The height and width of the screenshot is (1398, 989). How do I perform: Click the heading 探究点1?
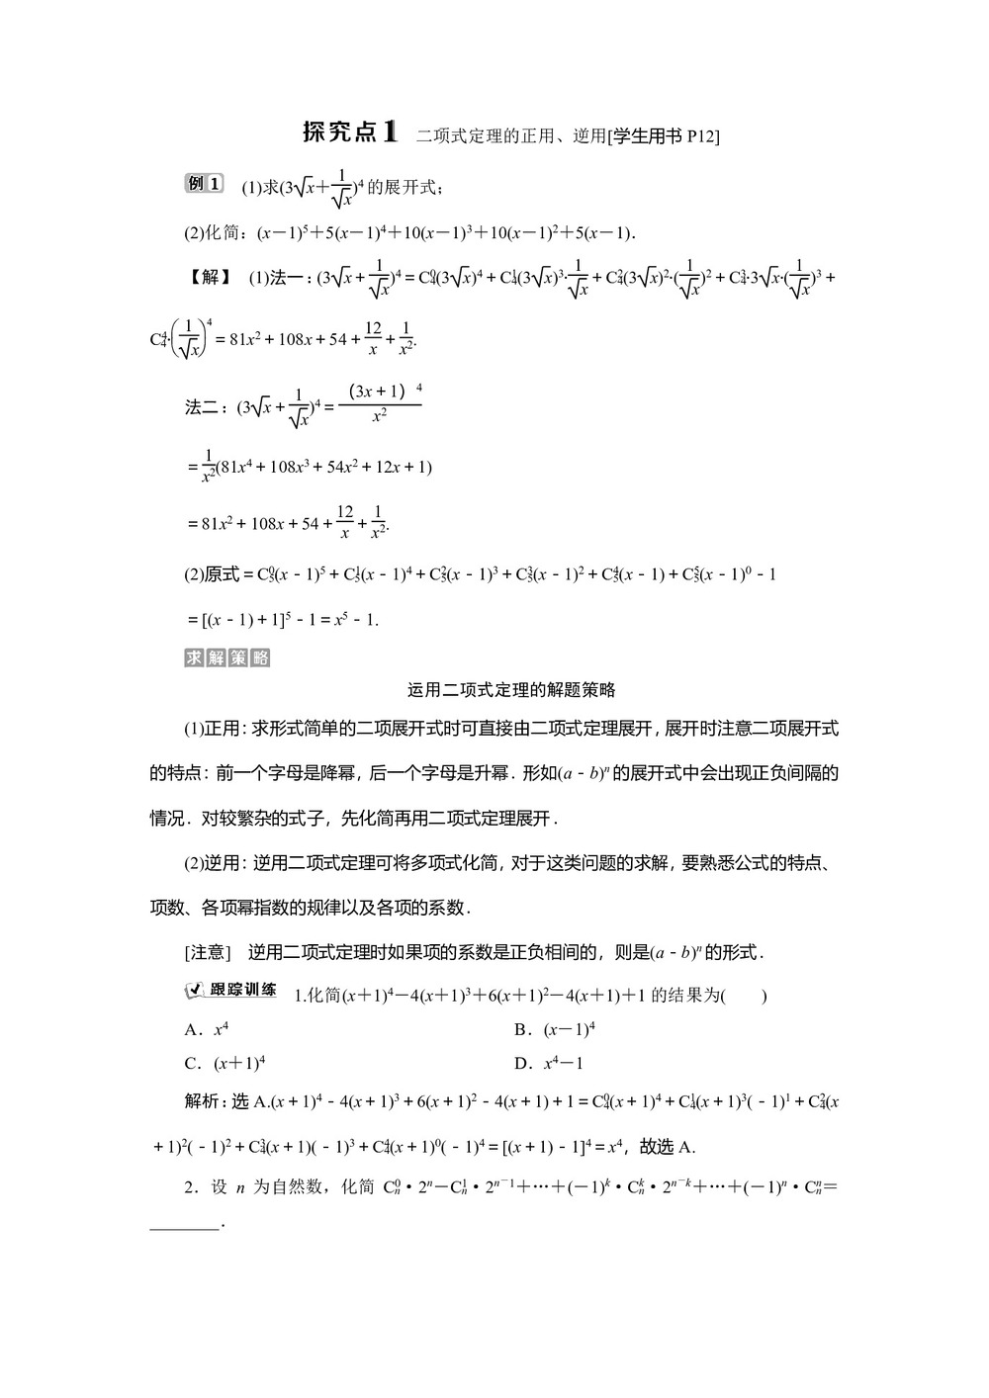click(x=349, y=132)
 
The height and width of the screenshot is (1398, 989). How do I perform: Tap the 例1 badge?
click(x=204, y=184)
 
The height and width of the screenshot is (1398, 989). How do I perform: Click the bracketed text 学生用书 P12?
click(x=666, y=136)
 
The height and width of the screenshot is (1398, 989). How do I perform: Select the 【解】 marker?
click(x=209, y=278)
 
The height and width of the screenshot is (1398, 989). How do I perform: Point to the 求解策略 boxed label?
click(x=226, y=658)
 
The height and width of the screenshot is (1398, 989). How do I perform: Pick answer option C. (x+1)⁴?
click(x=225, y=1064)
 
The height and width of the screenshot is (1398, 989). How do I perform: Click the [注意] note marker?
click(x=208, y=952)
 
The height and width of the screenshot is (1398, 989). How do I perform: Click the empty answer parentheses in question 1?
click(x=744, y=996)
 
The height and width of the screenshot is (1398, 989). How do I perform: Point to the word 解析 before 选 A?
click(x=202, y=1101)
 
